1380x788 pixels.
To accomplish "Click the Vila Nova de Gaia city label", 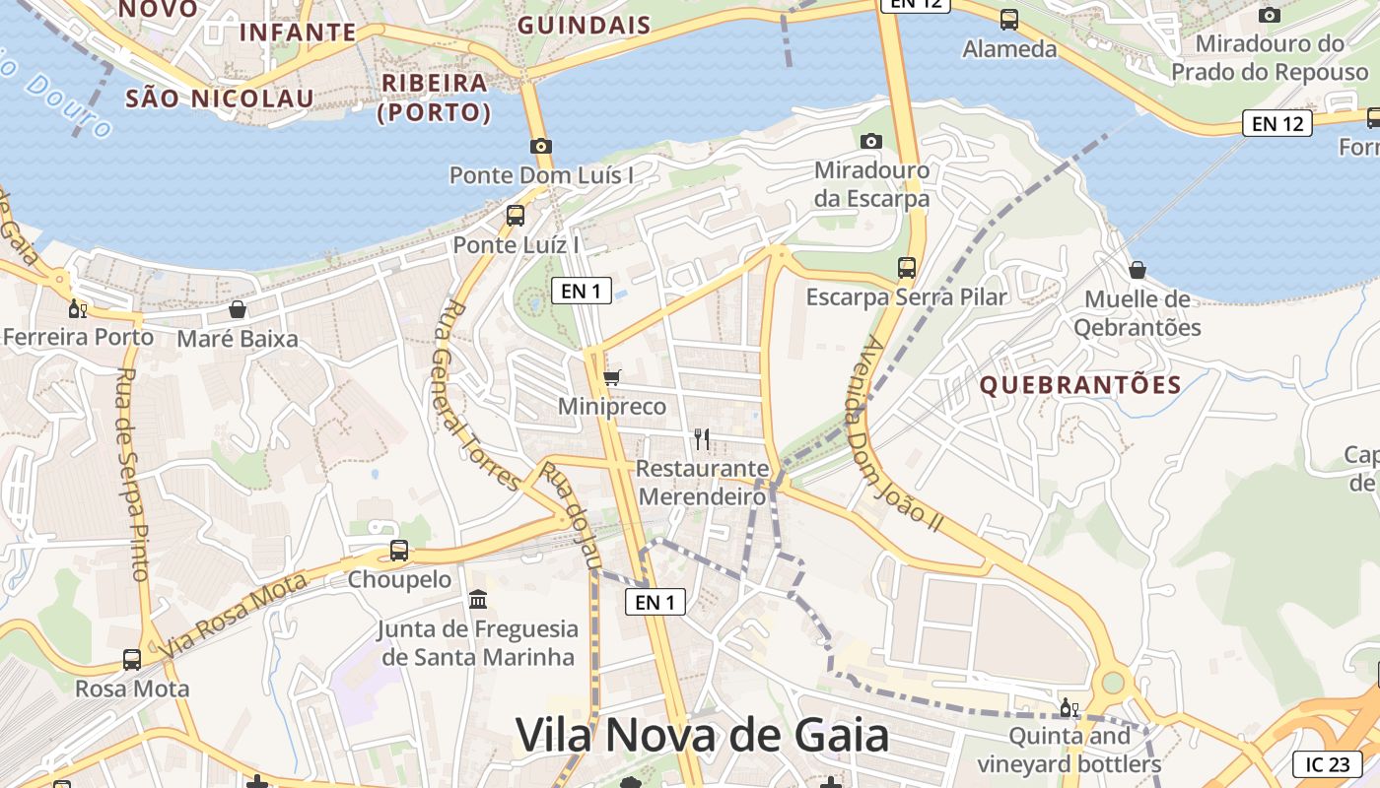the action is pos(702,736).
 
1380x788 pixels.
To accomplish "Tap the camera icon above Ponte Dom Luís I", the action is pos(540,146).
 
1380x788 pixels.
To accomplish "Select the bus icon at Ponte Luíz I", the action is pos(516,216).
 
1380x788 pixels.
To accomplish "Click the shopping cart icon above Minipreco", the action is pos(612,377).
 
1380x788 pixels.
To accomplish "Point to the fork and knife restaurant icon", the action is pos(702,438).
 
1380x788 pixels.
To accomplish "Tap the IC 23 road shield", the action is pos(1327,764).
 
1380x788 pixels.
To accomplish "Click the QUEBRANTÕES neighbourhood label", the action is pos(1080,385).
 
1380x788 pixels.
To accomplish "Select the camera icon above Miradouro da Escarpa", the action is pos(871,141).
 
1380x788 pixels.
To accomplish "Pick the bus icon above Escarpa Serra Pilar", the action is pos(907,267).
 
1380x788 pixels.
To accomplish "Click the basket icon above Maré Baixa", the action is pos(238,309).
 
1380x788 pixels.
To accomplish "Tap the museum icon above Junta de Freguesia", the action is pos(478,599).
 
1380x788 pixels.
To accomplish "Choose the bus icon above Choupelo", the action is pos(399,551).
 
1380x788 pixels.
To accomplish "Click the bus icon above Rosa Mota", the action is pos(132,659).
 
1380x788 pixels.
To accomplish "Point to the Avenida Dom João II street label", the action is pos(900,434).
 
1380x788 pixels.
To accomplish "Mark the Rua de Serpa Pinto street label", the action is pos(132,473).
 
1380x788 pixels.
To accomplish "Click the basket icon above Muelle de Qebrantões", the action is pos(1138,270).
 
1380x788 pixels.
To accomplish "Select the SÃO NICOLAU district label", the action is pos(220,98).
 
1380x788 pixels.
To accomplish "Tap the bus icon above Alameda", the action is pos(1009,19).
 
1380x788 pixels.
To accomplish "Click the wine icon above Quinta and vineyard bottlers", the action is pos(1069,707).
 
